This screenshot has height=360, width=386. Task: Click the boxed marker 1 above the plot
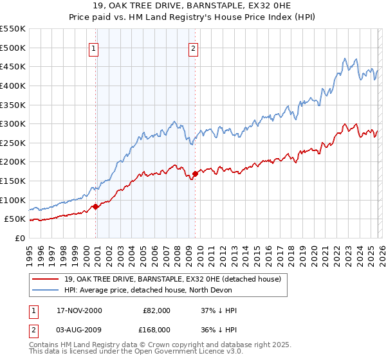[94, 48]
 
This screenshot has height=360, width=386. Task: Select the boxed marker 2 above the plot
[193, 48]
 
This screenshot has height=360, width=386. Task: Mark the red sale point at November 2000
[96, 206]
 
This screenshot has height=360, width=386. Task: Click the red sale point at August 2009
[195, 174]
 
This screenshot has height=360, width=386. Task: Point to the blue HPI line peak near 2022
[345, 58]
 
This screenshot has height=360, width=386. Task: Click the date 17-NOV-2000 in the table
[79, 310]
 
